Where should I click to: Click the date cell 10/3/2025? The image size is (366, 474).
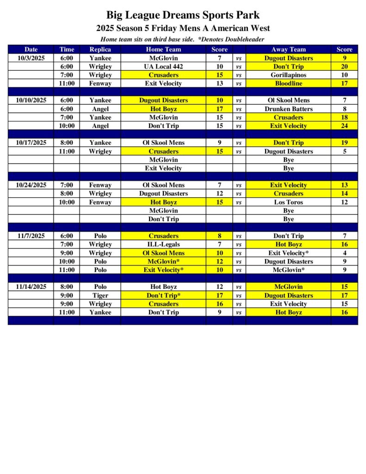click(31, 58)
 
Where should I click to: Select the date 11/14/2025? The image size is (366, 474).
click(31, 287)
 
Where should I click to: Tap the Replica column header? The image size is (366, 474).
click(100, 50)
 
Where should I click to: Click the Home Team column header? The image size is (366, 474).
click(163, 50)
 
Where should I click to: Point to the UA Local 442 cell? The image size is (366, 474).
click(163, 67)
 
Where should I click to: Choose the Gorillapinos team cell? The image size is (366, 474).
click(288, 75)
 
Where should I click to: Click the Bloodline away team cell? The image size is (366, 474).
click(288, 83)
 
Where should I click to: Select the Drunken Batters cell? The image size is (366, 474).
click(288, 109)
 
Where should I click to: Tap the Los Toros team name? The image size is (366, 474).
click(288, 202)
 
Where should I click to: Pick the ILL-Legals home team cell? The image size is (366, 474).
click(163, 244)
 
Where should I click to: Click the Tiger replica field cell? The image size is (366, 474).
click(100, 295)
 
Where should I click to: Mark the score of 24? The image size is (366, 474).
click(344, 126)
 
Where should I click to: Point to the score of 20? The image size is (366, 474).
click(344, 67)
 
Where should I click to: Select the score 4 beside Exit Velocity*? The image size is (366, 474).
click(344, 253)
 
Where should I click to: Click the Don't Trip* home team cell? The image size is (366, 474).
click(163, 295)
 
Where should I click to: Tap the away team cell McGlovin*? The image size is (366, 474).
click(288, 270)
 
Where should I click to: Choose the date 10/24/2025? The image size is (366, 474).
click(31, 185)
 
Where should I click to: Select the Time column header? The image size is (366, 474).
click(67, 50)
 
